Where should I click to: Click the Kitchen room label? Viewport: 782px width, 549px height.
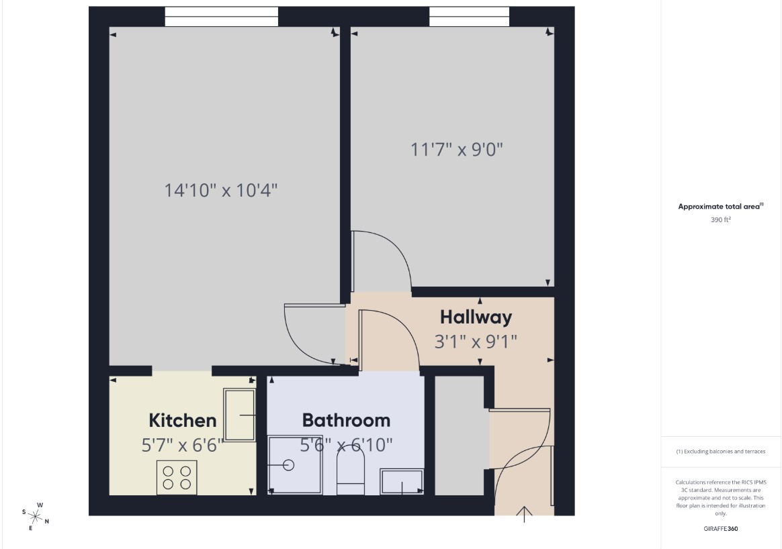183,420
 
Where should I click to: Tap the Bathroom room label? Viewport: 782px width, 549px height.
346,420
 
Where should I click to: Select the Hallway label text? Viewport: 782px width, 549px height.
476,317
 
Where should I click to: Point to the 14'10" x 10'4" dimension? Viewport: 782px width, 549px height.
221,191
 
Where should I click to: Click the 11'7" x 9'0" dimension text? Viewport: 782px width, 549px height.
457,150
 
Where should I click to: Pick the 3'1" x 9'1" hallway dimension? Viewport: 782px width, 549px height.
476,342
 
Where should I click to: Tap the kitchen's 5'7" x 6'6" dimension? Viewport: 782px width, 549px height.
183,445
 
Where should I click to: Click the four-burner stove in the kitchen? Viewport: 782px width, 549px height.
177,477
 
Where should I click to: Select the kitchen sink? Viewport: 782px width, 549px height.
239,415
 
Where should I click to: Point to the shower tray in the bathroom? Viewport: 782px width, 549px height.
295,465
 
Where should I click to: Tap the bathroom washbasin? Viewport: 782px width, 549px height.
402,481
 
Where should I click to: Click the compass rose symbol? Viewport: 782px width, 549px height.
35,517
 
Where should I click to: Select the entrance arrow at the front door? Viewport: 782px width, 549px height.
524,514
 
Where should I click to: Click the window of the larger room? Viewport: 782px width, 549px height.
222,16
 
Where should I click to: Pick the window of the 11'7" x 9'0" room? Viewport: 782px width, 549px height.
470,16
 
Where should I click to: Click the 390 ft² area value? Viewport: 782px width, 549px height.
721,219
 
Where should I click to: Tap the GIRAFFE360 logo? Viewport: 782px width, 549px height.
721,529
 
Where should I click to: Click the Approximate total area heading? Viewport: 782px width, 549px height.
721,206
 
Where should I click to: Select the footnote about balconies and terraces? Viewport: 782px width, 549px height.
721,452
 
